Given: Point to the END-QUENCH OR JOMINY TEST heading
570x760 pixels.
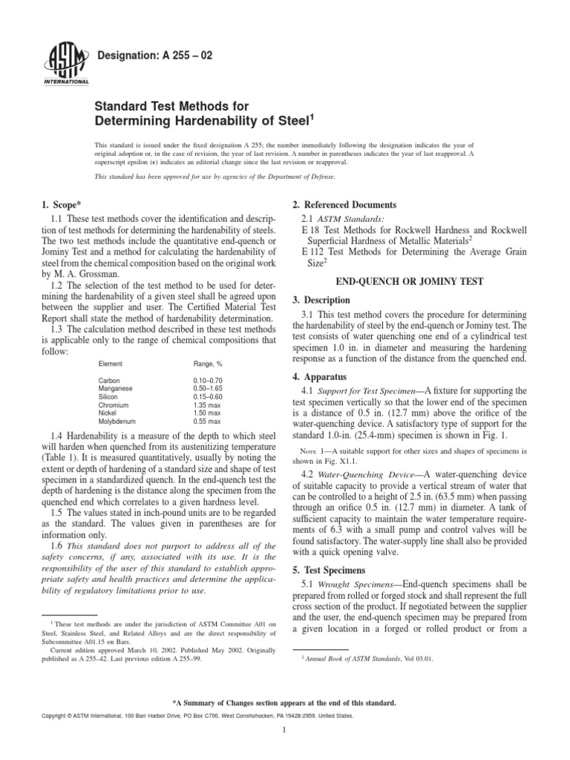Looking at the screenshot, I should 410,282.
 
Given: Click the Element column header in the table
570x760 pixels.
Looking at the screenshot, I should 111,364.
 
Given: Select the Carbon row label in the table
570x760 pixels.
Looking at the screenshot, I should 110,379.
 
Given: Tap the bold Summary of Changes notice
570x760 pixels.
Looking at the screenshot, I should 285,701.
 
